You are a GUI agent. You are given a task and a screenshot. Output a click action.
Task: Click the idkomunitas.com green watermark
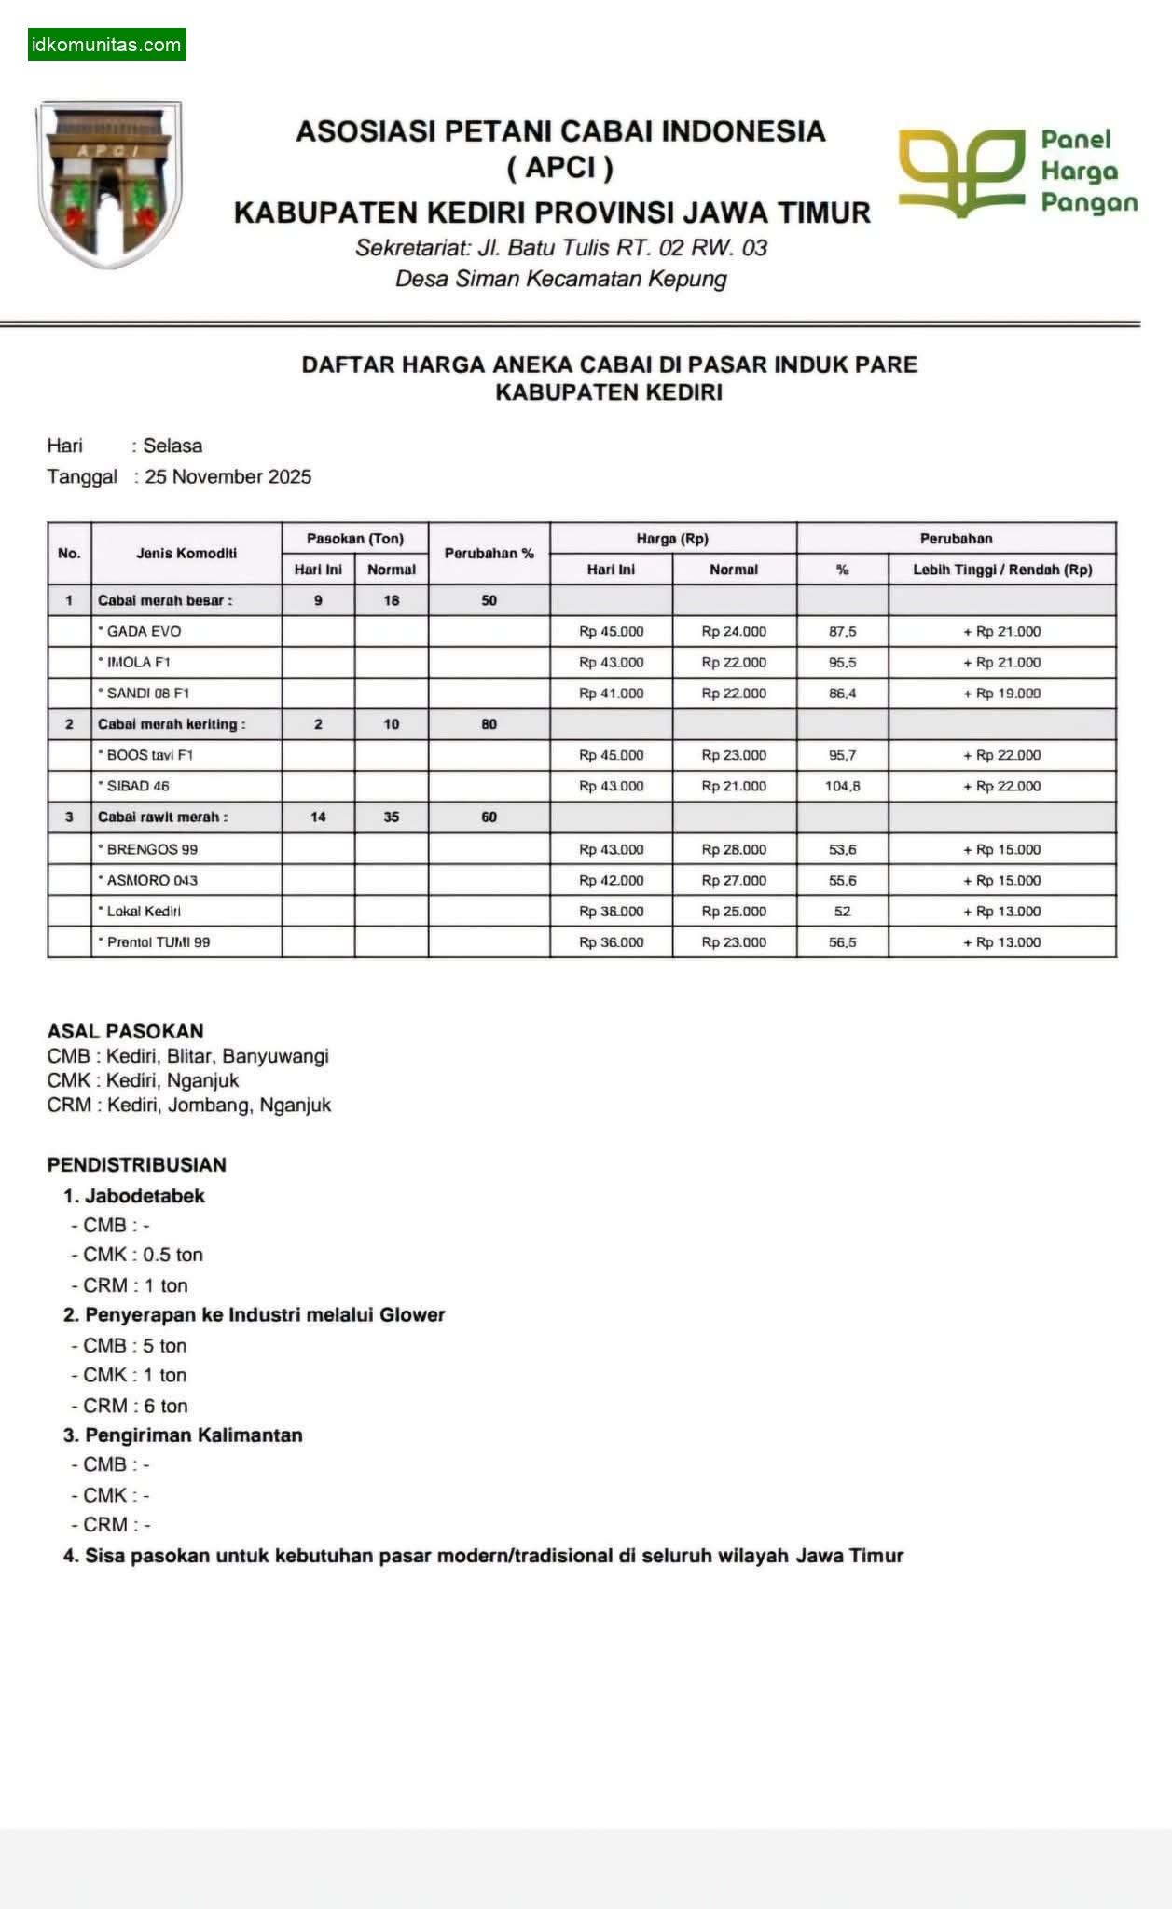pyautogui.click(x=106, y=45)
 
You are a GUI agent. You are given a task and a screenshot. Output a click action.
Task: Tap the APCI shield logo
pyautogui.click(x=108, y=184)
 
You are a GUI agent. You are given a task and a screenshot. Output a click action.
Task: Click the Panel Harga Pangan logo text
pyautogui.click(x=1088, y=172)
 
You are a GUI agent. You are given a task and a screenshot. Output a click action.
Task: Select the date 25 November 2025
pyautogui.click(x=228, y=477)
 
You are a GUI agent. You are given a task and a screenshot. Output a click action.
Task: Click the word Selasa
pyautogui.click(x=172, y=446)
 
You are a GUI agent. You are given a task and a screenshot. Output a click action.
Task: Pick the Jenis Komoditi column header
pyautogui.click(x=186, y=554)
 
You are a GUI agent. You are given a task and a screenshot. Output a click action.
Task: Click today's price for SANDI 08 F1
pyautogui.click(x=611, y=694)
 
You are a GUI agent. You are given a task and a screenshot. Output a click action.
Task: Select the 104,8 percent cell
pyautogui.click(x=842, y=787)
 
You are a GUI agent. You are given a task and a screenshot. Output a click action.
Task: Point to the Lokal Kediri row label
pyautogui.click(x=144, y=912)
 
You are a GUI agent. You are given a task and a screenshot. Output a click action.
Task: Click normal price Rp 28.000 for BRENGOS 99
pyautogui.click(x=734, y=850)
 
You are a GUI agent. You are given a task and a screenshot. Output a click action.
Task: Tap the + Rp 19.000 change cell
pyautogui.click(x=1001, y=694)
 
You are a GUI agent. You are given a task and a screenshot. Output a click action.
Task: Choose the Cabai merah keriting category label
pyautogui.click(x=172, y=724)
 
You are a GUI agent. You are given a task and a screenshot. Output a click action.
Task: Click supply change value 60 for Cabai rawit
pyautogui.click(x=489, y=817)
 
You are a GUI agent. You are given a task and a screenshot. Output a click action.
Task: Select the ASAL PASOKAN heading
pyautogui.click(x=125, y=1031)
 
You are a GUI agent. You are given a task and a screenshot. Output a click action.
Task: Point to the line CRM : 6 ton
pyautogui.click(x=135, y=1406)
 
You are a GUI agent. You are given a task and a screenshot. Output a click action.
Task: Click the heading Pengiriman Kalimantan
pyautogui.click(x=193, y=1435)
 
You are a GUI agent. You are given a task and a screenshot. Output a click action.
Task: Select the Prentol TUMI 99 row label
pyautogui.click(x=158, y=942)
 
